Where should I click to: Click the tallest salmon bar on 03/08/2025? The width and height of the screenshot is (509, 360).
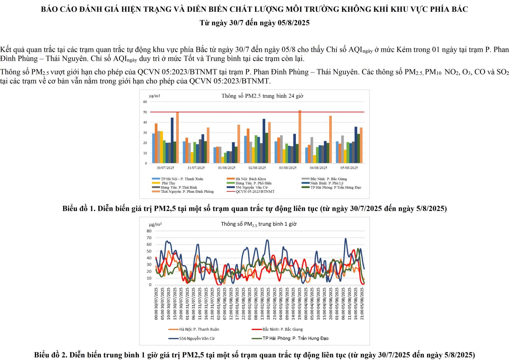click(300, 137)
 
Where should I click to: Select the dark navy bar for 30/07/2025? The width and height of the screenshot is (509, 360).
click(172, 140)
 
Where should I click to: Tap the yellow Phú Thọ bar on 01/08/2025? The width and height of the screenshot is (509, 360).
click(223, 160)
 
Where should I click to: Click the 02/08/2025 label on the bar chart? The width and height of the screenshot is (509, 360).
click(257, 168)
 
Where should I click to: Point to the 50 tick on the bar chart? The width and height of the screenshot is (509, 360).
click(145, 112)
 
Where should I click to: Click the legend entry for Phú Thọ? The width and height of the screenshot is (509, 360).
click(168, 183)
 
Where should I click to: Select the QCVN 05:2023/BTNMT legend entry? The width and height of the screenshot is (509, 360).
click(255, 191)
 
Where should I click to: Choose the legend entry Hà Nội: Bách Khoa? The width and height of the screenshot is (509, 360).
click(250, 179)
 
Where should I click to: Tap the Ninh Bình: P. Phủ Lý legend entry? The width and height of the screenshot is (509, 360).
click(327, 183)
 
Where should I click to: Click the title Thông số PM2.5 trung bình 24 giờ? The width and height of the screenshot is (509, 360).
click(262, 96)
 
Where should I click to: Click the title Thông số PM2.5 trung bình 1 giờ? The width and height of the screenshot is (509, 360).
click(259, 224)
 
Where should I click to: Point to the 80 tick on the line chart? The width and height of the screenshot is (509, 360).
click(149, 231)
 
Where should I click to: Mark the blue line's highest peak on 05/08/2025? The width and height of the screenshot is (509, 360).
click(345, 239)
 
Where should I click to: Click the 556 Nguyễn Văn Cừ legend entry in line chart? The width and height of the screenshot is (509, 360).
click(197, 338)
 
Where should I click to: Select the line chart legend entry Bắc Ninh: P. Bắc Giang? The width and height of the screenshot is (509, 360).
click(282, 329)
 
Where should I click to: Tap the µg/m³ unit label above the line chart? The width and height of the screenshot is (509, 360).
click(155, 225)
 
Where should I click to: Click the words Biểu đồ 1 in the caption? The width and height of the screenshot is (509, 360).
click(79, 209)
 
